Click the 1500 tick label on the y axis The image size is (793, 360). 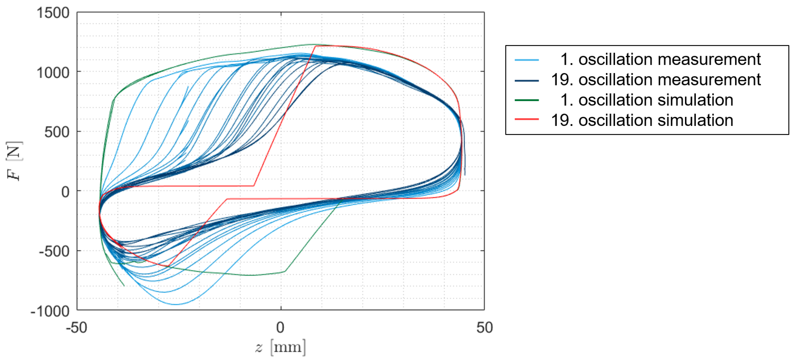click(53, 13)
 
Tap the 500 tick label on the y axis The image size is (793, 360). click(57, 132)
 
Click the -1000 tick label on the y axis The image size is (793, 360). click(50, 311)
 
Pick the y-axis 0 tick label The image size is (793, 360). click(65, 192)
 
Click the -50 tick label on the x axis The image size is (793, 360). click(76, 328)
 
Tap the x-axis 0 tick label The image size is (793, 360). click(280, 328)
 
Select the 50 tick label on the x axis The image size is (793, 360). click(484, 328)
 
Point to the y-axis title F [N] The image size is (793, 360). click(14, 161)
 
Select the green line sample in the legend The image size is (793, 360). click(527, 100)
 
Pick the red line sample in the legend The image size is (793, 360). click(527, 119)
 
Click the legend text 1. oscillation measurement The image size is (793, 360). click(660, 59)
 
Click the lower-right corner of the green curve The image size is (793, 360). click(285, 272)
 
